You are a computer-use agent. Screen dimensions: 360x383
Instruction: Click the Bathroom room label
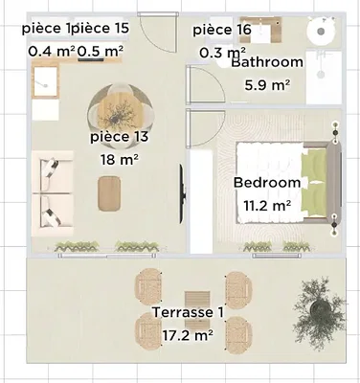click(x=267, y=61)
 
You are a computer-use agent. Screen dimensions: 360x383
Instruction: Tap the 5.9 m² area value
click(x=267, y=85)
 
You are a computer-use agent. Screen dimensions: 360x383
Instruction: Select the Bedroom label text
click(x=267, y=183)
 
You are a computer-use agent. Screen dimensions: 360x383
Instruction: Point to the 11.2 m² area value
click(x=267, y=205)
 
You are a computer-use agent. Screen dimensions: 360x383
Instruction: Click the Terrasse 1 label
click(x=188, y=312)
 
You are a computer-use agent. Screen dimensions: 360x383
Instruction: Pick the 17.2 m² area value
click(x=188, y=335)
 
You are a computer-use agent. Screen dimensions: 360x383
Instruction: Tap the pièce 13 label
click(x=120, y=137)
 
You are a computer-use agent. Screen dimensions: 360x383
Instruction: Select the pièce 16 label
click(x=222, y=30)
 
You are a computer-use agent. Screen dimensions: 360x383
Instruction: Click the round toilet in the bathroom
click(x=321, y=31)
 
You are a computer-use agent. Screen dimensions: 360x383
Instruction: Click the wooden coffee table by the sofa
click(x=109, y=193)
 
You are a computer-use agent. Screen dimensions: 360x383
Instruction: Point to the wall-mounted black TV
click(x=181, y=193)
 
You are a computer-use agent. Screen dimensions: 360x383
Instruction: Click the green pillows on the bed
click(x=314, y=183)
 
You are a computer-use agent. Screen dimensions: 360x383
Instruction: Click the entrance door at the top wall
click(x=158, y=32)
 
